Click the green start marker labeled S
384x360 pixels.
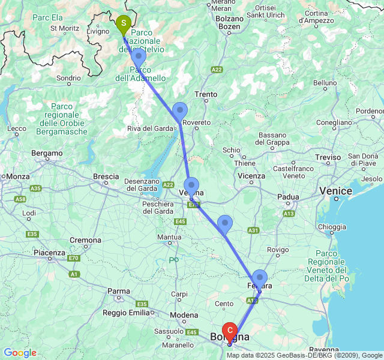(x=123, y=25)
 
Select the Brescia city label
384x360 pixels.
(x=106, y=176)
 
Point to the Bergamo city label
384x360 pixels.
(x=47, y=154)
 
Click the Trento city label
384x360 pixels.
(x=206, y=94)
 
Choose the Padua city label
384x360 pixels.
(x=288, y=197)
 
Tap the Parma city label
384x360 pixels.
(x=118, y=292)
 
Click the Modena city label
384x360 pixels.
(x=184, y=315)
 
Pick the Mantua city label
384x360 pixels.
(x=169, y=237)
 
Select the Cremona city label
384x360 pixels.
(x=85, y=240)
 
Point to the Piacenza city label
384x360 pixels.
(x=49, y=253)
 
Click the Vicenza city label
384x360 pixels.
(x=251, y=176)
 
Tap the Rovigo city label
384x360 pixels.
(x=278, y=250)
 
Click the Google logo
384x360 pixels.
(x=20, y=353)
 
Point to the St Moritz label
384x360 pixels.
(x=65, y=28)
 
